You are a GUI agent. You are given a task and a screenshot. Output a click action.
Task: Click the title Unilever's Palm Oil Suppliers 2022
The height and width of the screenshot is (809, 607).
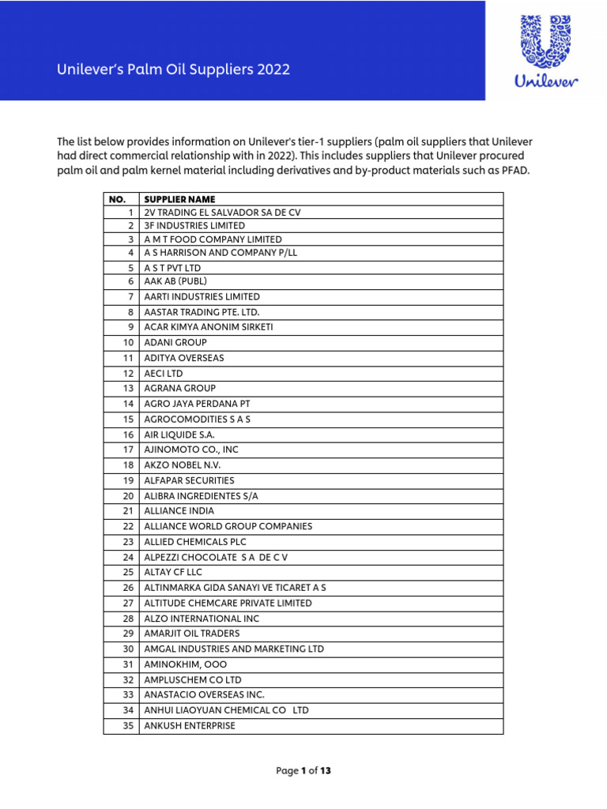(x=173, y=70)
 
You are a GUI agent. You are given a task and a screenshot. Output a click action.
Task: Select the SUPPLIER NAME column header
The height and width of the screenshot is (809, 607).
(x=179, y=199)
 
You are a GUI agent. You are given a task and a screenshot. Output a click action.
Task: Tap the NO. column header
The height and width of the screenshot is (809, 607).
(x=117, y=199)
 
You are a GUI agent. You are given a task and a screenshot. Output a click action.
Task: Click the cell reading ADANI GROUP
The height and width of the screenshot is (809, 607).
(x=175, y=343)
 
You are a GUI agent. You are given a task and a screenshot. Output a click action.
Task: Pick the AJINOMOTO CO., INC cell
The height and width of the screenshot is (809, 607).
(x=190, y=450)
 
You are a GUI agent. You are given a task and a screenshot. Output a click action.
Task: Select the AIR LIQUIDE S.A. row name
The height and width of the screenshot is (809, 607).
(x=179, y=435)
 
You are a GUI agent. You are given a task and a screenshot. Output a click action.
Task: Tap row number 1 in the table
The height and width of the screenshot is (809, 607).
(x=131, y=213)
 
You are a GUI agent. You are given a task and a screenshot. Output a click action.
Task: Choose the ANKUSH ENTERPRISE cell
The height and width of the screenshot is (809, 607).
(x=190, y=725)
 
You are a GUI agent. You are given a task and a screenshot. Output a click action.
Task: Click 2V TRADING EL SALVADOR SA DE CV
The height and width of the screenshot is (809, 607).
(x=222, y=213)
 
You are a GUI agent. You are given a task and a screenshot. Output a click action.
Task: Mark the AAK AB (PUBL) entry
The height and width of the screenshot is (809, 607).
(x=175, y=280)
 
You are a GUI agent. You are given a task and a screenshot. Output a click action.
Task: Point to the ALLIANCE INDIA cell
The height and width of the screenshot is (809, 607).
(x=179, y=511)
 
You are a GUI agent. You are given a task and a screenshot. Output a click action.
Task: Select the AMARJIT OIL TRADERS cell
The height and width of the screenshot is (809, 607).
(x=192, y=634)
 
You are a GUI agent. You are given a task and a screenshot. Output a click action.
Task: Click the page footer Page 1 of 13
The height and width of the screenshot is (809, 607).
(x=303, y=771)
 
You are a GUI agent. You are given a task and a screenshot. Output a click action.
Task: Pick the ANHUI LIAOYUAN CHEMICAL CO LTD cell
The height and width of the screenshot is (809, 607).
(x=226, y=710)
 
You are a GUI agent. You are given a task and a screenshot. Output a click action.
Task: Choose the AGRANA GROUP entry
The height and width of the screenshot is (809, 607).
(x=179, y=389)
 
